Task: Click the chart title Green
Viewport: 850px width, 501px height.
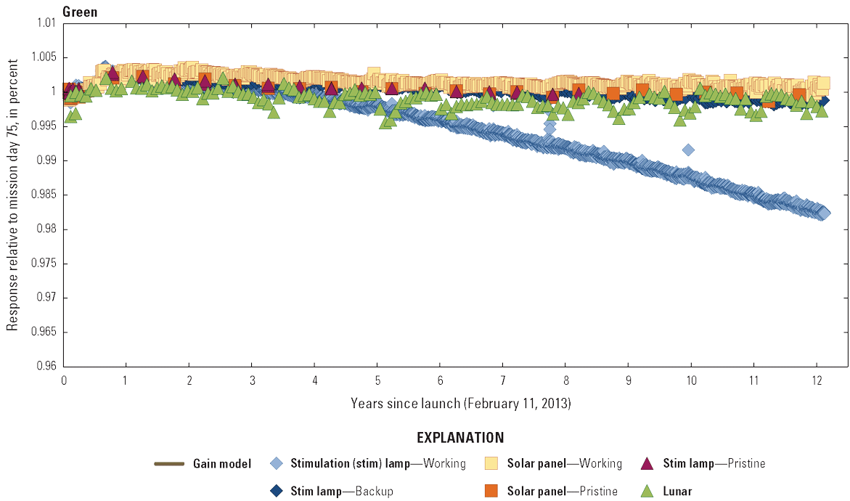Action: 80,12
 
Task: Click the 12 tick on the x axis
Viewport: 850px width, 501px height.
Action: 817,380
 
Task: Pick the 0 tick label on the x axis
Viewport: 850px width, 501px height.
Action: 64,380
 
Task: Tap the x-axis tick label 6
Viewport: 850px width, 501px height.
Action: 440,380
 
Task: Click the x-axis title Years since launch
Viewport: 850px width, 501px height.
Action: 460,402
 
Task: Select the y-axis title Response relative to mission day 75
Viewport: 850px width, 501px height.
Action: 12,195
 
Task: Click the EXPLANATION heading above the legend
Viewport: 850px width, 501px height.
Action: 460,438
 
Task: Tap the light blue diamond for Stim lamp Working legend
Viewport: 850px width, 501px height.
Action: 276,463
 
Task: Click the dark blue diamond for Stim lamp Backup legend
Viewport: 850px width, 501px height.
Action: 276,491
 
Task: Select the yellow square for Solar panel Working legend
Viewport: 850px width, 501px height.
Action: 491,463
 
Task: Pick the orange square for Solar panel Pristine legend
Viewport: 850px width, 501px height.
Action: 491,491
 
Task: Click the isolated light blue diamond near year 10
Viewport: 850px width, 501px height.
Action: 688,150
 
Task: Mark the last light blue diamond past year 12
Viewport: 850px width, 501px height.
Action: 823,213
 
